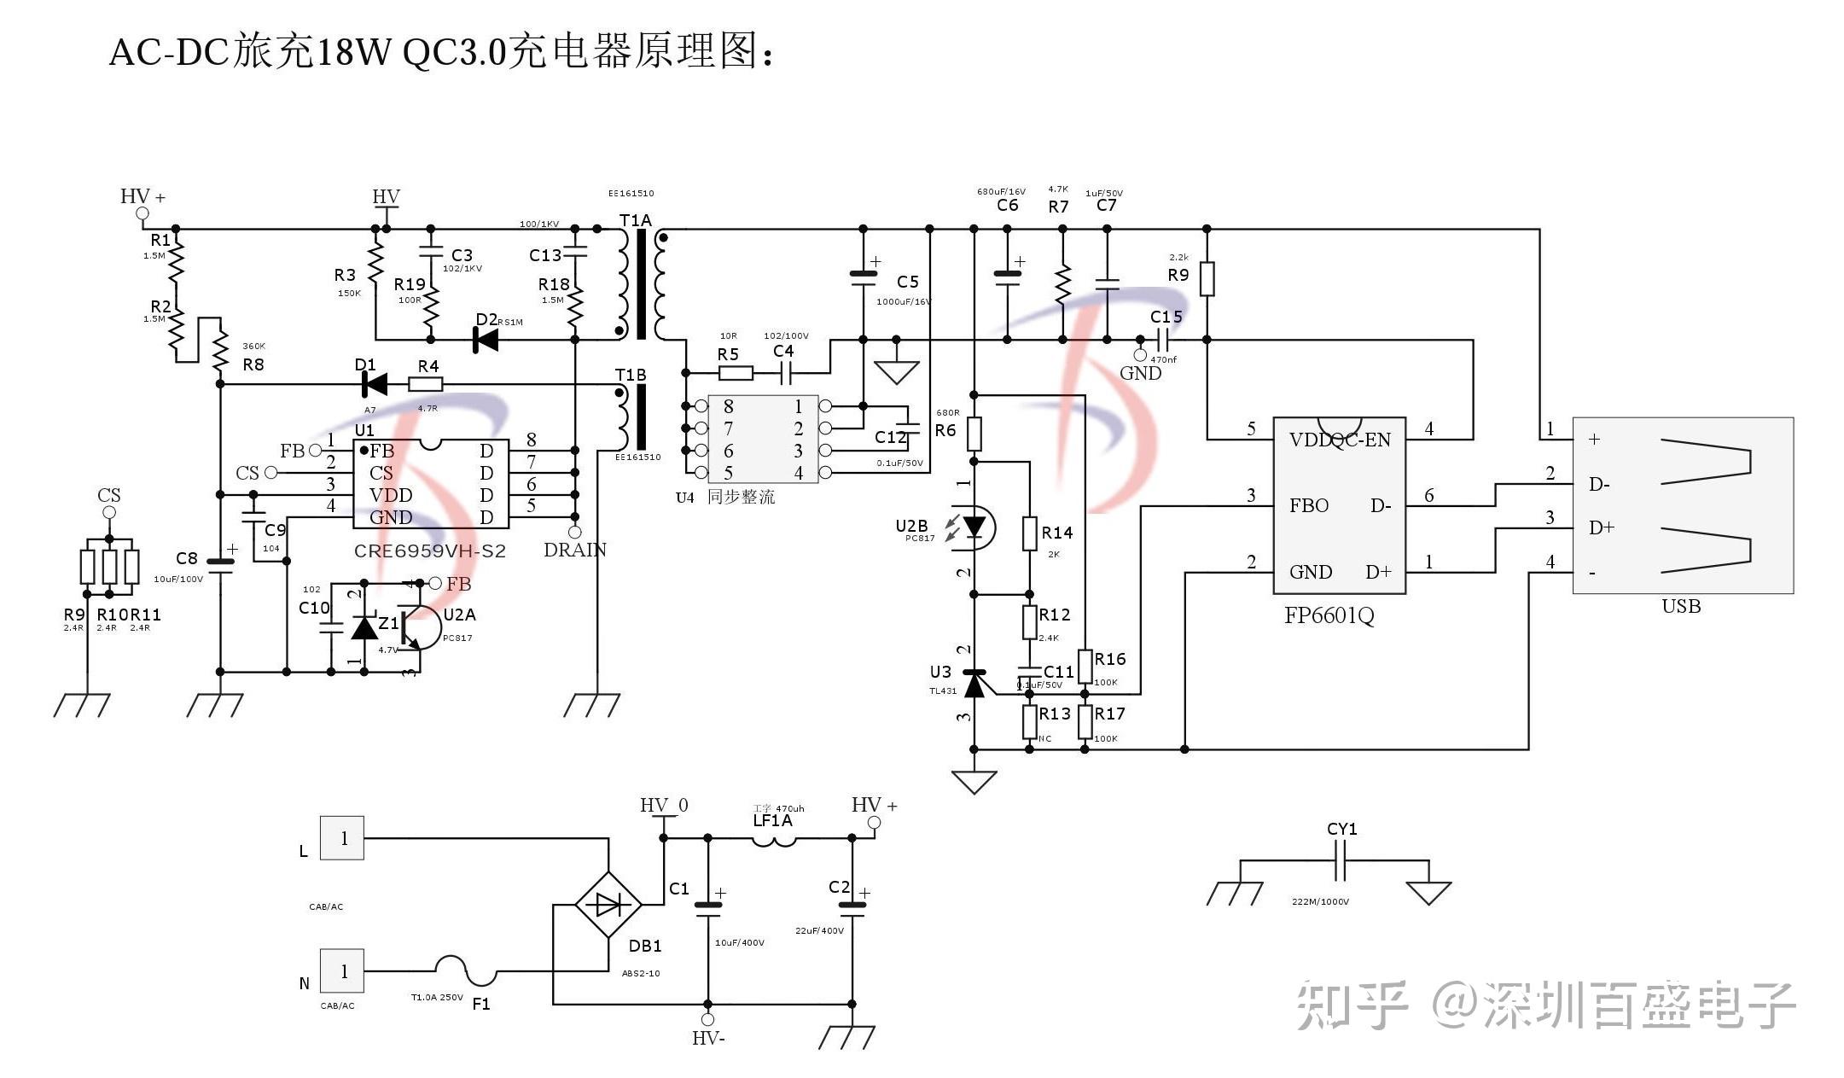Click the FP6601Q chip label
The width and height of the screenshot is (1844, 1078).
[x=1329, y=616]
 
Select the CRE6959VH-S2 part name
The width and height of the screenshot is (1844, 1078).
[x=429, y=551]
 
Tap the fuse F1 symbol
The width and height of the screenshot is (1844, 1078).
[x=466, y=971]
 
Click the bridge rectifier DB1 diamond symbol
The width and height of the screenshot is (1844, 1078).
[x=608, y=905]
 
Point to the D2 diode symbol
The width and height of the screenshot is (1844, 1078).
[x=486, y=340]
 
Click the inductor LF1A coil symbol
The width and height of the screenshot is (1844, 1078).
[x=773, y=842]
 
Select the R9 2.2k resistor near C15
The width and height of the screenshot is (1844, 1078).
[x=1207, y=279]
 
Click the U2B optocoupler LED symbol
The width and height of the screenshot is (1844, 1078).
[x=974, y=527]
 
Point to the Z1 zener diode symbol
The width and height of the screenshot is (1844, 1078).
[x=365, y=628]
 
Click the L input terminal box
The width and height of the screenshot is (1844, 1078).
[x=342, y=838]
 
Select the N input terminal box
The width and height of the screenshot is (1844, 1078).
[x=342, y=971]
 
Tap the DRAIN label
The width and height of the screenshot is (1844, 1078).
[x=575, y=551]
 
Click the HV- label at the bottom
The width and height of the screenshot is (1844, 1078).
[x=708, y=1039]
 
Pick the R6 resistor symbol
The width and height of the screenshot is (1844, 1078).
[x=974, y=434]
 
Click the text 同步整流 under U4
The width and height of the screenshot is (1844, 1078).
[x=741, y=498]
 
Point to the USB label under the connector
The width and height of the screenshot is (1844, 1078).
[x=1681, y=607]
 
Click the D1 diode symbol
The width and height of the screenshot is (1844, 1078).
[x=374, y=384]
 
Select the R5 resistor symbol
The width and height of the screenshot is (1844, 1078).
[x=736, y=373]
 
